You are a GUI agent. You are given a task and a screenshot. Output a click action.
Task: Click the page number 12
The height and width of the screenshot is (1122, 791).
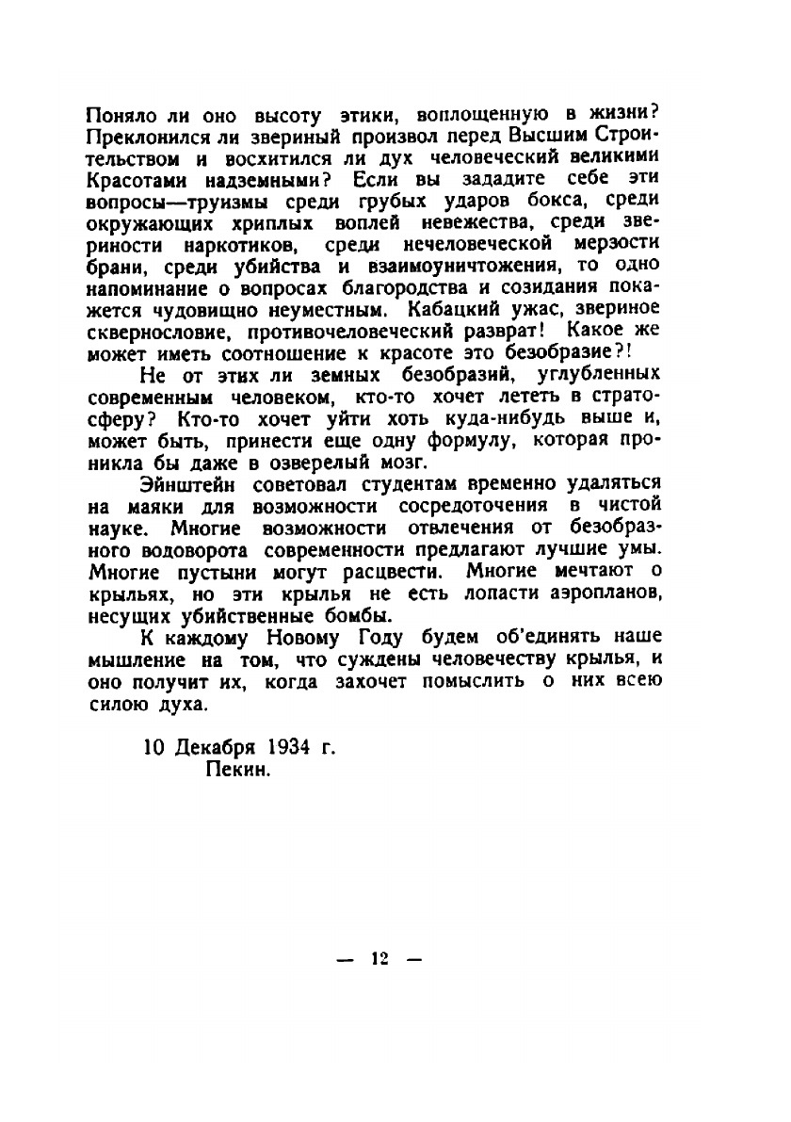(x=380, y=958)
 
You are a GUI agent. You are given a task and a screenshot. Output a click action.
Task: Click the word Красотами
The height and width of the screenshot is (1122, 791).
(x=131, y=178)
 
